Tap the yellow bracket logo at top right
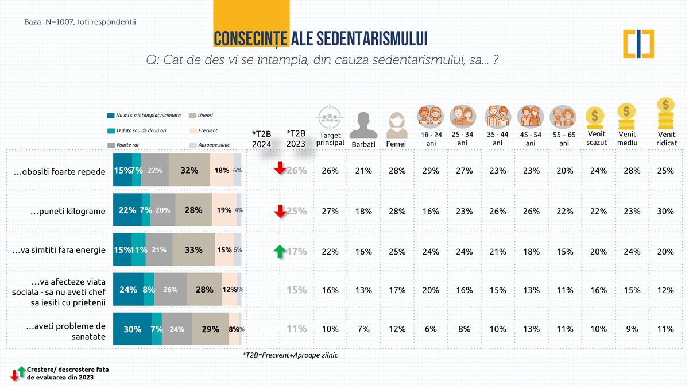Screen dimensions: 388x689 point(638,44)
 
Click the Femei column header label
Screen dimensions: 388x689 point(396,144)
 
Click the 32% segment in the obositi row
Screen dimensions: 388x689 point(189,170)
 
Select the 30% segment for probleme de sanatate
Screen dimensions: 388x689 point(133,329)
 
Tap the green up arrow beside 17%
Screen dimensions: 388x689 point(280,251)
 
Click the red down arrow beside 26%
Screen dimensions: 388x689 point(280,168)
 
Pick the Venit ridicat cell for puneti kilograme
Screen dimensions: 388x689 point(665,211)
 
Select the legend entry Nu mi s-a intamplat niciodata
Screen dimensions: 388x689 point(144,116)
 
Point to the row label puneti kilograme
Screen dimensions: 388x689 point(68,211)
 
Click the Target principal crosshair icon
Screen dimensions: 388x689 point(330,117)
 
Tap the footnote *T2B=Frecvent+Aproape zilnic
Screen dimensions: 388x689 point(290,355)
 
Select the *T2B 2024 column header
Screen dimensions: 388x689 point(262,139)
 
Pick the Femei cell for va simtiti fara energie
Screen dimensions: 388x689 point(396,251)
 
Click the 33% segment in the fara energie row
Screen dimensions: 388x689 point(193,250)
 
